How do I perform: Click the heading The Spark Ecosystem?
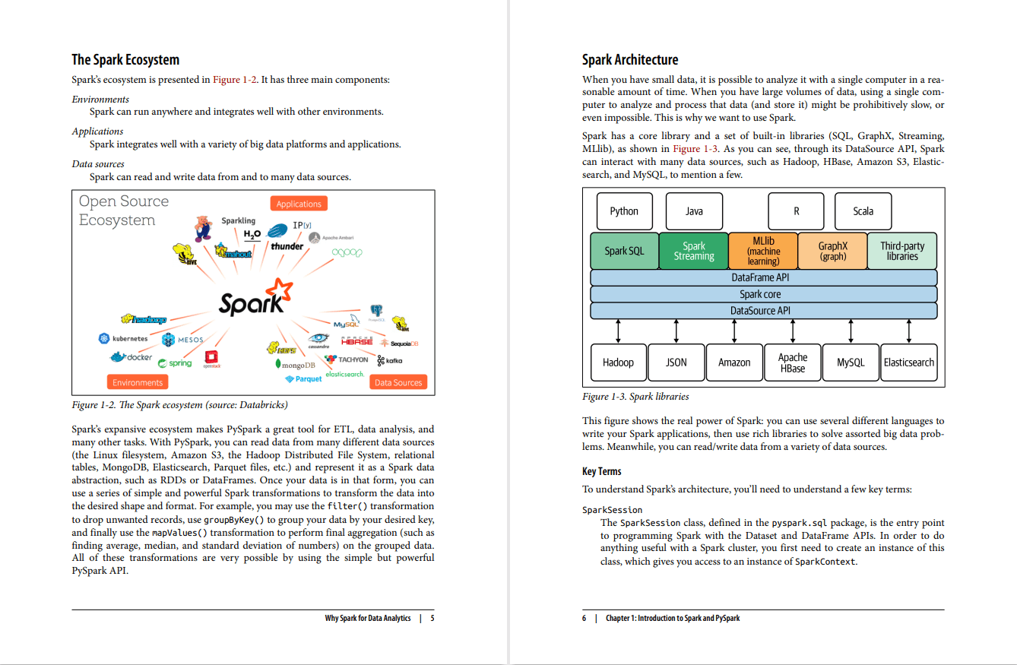click(125, 60)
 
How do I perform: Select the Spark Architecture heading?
click(630, 60)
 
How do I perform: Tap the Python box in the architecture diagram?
click(624, 211)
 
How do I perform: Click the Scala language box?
click(863, 211)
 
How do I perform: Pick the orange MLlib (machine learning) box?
click(763, 251)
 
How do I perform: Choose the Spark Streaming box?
click(693, 251)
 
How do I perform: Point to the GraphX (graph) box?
click(832, 251)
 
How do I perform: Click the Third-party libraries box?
click(902, 251)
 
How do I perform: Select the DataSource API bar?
click(763, 311)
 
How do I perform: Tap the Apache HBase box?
click(793, 363)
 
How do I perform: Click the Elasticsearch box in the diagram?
click(909, 363)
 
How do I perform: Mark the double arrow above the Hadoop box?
click(618, 331)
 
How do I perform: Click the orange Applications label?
click(299, 204)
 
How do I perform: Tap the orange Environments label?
click(138, 382)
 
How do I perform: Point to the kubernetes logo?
click(123, 338)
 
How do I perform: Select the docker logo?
click(131, 357)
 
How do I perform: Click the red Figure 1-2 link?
click(235, 80)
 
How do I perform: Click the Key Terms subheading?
click(601, 471)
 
